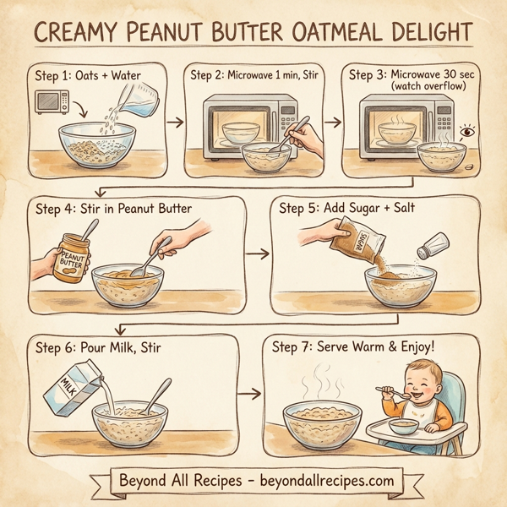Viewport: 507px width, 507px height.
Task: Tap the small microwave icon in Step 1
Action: click(52, 102)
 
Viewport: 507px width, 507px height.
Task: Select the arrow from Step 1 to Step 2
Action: click(175, 123)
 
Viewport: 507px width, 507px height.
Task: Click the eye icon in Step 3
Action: click(466, 133)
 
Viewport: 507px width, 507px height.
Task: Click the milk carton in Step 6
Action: click(69, 390)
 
